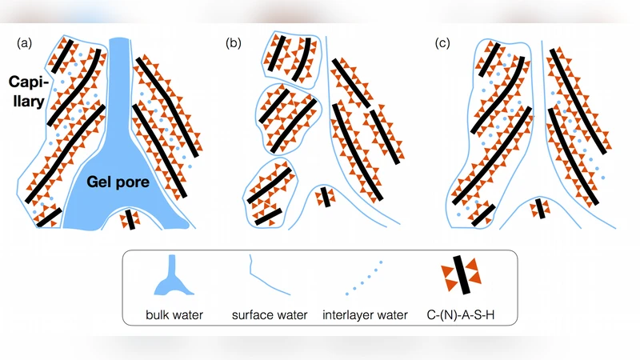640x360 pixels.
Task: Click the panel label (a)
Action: [25, 43]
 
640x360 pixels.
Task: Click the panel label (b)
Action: [233, 43]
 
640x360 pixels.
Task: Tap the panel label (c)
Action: [442, 43]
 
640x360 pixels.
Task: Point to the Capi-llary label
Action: [28, 92]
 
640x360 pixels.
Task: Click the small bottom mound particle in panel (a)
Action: [129, 218]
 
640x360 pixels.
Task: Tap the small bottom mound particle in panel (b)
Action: [325, 197]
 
